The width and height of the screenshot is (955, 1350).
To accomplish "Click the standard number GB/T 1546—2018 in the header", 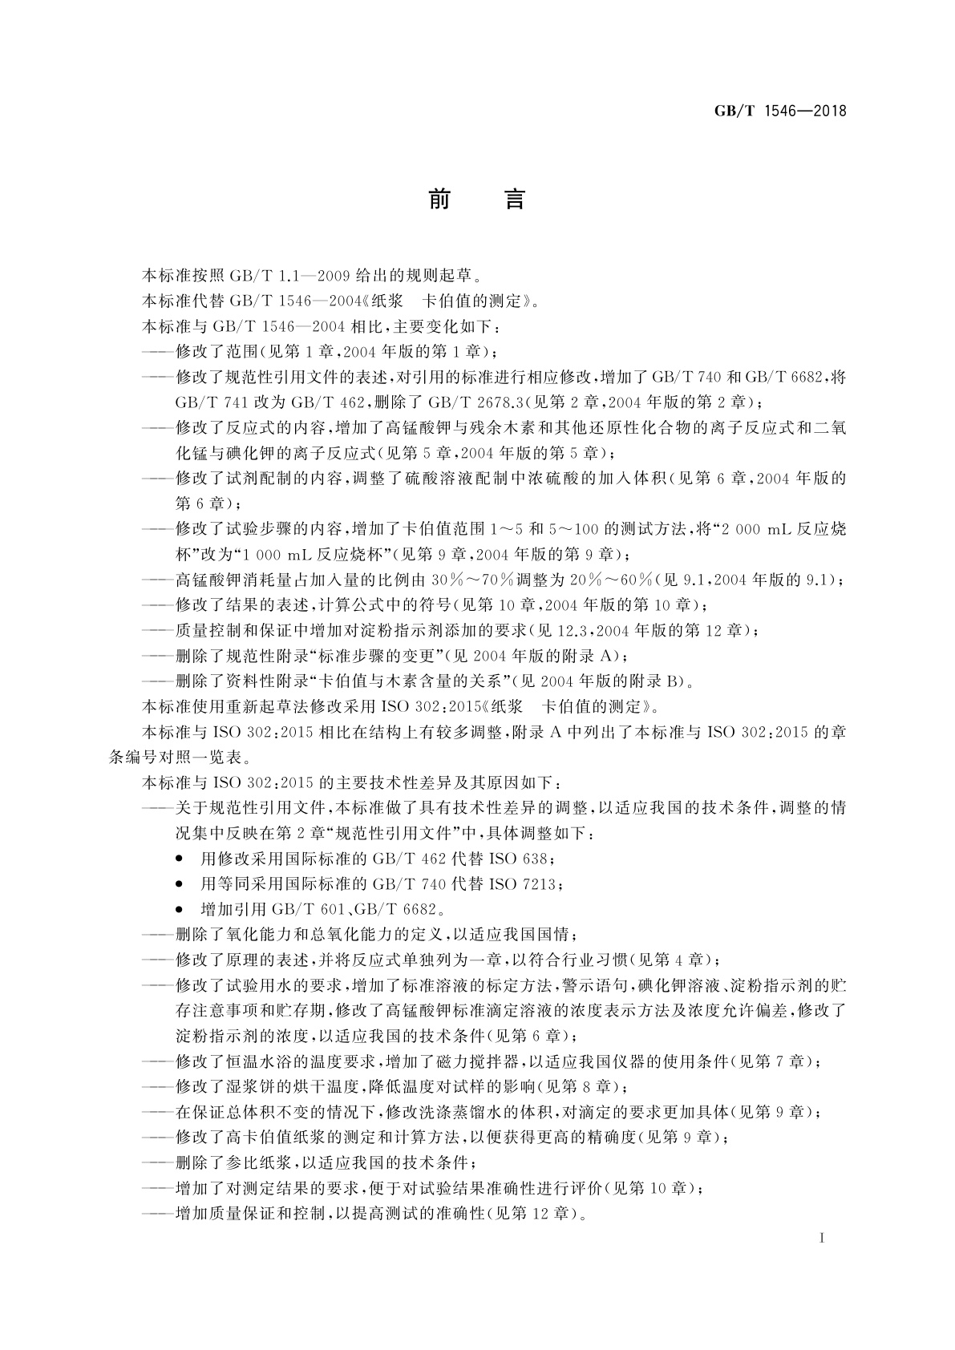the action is point(780,111).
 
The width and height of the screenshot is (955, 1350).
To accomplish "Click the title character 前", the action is point(439,199).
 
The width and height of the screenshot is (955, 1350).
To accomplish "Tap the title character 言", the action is point(514,199).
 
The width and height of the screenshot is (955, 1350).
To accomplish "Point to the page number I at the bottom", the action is point(823,1238).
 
